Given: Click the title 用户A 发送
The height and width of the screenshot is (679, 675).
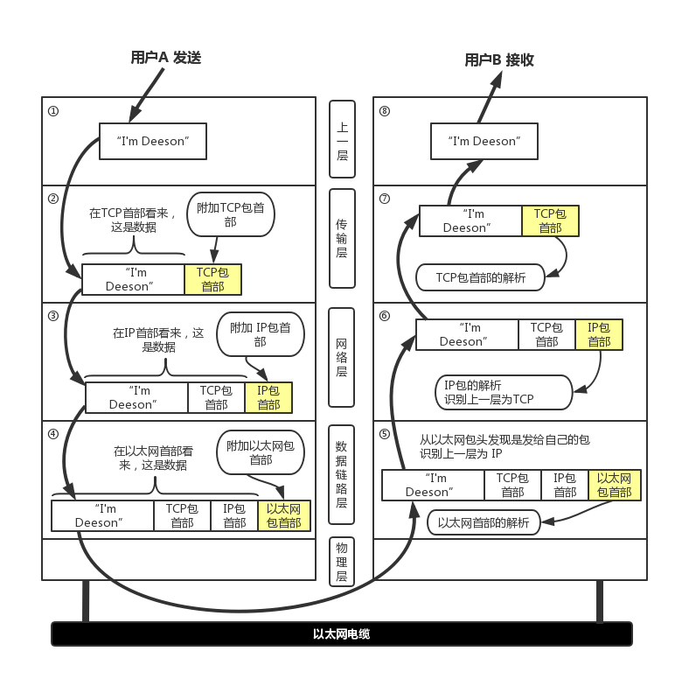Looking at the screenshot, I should click(x=165, y=58).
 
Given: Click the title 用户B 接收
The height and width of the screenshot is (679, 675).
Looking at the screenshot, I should click(x=498, y=59).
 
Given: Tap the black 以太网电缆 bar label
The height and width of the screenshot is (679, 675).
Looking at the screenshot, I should click(x=341, y=633).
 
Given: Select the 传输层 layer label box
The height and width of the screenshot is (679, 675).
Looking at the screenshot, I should click(x=342, y=238).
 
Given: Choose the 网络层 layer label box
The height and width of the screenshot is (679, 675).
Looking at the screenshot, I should click(x=342, y=357).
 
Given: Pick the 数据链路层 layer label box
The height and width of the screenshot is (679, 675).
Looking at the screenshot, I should click(x=342, y=473).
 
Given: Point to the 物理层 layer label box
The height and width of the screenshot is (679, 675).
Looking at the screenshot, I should click(x=342, y=562).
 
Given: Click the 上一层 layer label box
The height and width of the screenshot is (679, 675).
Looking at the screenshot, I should click(x=342, y=141).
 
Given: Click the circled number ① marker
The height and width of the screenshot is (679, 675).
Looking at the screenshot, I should click(x=53, y=112).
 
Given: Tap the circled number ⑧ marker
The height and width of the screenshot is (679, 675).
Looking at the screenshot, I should click(x=385, y=112).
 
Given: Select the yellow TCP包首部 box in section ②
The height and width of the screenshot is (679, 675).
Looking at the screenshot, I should click(x=212, y=279).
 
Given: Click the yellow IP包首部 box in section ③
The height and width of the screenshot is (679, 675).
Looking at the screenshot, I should click(x=268, y=397).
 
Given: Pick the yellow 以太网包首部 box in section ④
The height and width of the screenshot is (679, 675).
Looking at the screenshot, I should click(x=283, y=515).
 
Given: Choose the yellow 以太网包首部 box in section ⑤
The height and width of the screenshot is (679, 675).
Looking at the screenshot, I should click(x=614, y=485).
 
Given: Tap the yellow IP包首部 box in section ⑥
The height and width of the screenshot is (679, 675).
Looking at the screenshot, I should click(x=599, y=334).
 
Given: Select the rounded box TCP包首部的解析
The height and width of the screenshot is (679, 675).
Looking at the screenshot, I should click(x=481, y=277).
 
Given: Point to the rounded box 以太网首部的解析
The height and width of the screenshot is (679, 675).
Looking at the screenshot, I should click(x=484, y=523).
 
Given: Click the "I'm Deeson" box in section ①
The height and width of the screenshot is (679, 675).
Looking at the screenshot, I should click(x=152, y=141).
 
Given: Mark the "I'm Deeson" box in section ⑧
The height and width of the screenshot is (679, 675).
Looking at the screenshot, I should click(x=484, y=141).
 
